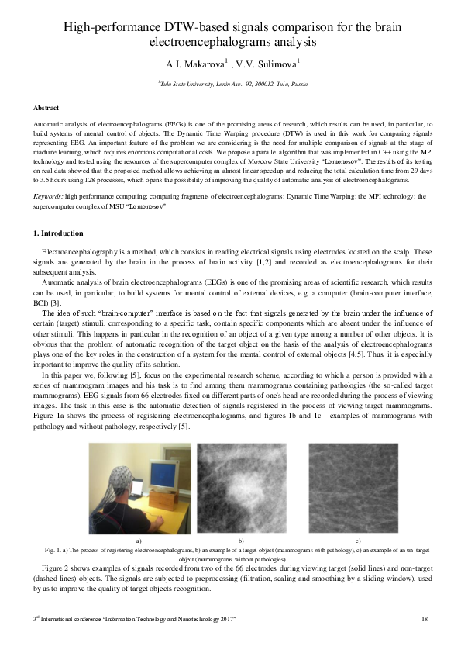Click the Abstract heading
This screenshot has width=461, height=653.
[x=47, y=108]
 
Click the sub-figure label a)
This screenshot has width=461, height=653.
[x=139, y=539]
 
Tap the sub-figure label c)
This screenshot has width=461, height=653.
[x=357, y=539]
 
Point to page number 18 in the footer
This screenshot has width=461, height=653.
[x=425, y=618]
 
